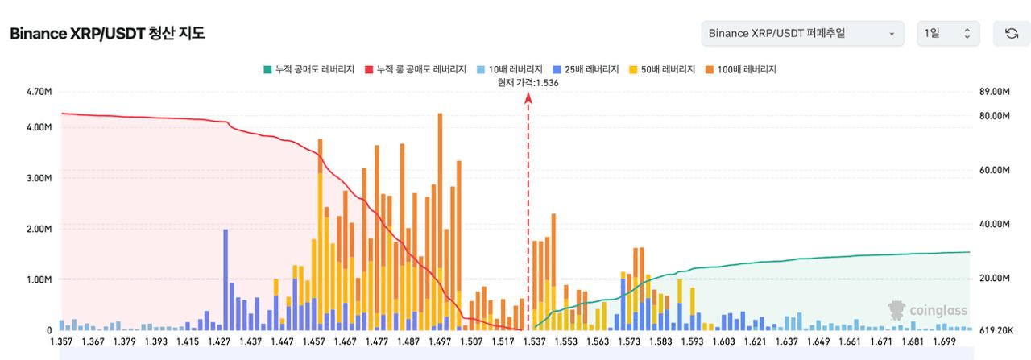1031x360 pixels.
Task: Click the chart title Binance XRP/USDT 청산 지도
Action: pos(107,34)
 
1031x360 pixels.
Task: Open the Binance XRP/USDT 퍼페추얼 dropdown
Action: pos(802,34)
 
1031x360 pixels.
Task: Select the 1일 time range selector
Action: pos(948,34)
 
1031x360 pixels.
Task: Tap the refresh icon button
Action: pos(1011,34)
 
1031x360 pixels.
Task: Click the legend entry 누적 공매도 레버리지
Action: pos(308,69)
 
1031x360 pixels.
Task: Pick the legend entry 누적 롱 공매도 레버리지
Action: pos(416,69)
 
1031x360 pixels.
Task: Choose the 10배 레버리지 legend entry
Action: pos(510,69)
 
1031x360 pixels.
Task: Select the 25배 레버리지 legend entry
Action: pos(586,69)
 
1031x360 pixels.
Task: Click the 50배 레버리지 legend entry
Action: pos(662,69)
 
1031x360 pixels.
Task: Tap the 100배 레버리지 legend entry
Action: pos(741,69)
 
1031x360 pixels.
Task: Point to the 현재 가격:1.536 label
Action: pos(528,83)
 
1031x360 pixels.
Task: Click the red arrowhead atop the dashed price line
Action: pos(528,97)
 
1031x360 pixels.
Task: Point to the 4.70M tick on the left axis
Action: pos(39,92)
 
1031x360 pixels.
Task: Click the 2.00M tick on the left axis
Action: pos(39,229)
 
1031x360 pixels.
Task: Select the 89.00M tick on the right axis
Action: pos(995,92)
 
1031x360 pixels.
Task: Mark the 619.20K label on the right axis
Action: pos(996,330)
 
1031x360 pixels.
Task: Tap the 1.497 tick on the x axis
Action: pos(440,341)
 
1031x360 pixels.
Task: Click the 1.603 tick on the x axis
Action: pos(723,341)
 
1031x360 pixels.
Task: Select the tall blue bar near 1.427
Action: pos(226,279)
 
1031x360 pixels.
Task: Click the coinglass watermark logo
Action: pos(927,311)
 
